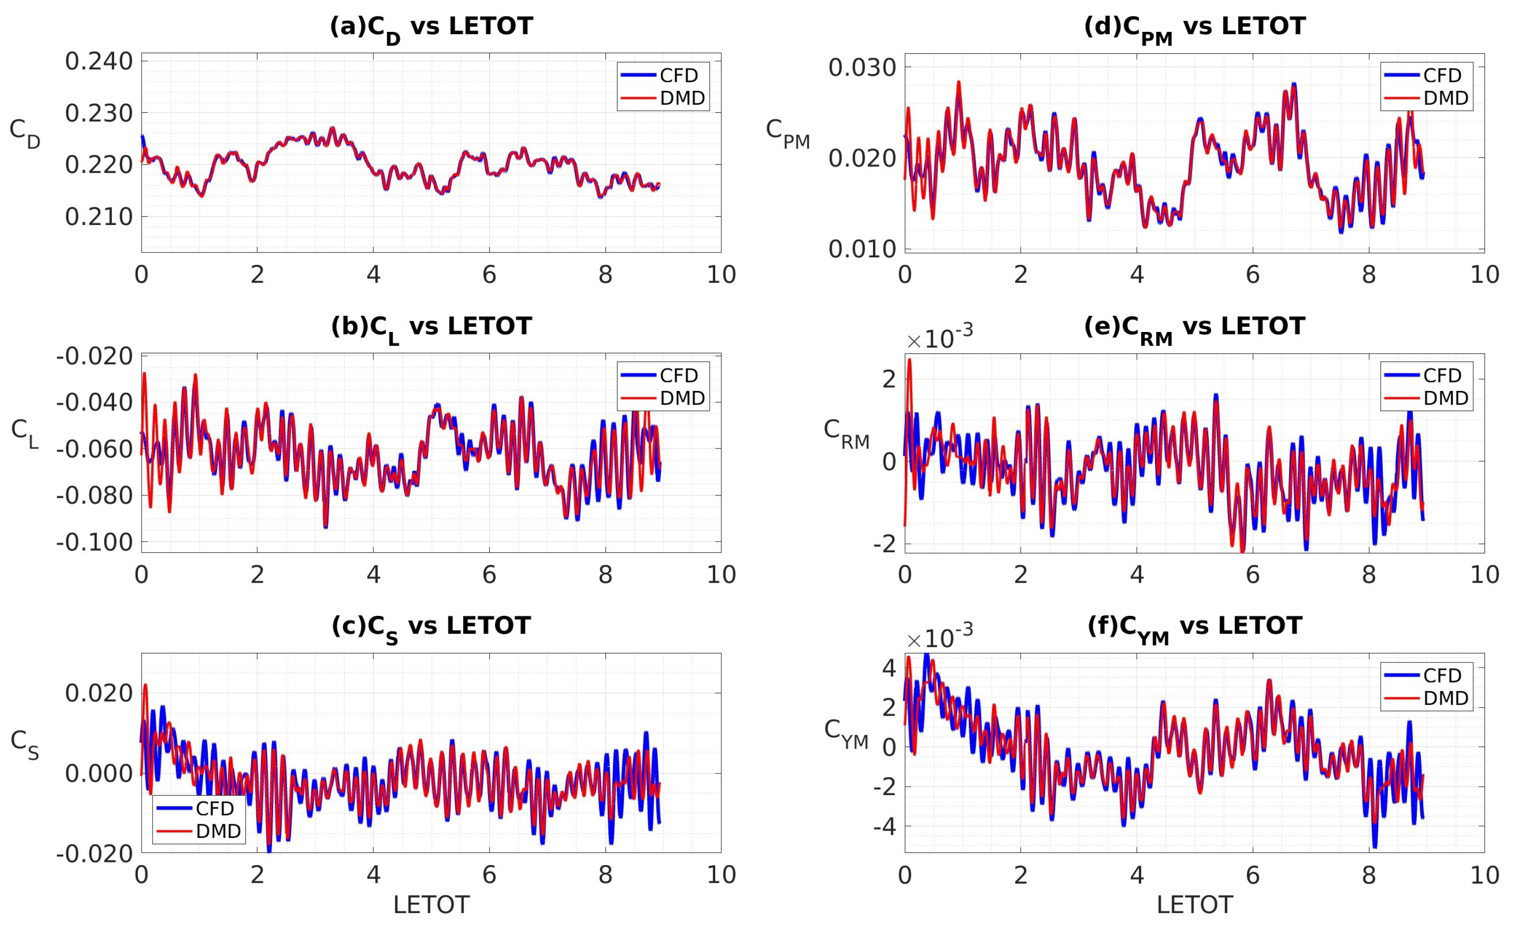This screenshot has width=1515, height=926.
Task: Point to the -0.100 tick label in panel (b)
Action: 95,542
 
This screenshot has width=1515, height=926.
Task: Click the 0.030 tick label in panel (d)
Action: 862,67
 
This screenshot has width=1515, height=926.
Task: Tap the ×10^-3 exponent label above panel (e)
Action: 939,338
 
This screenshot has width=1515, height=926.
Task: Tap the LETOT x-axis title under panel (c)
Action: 431,905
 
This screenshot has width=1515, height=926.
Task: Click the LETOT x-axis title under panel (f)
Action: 1194,905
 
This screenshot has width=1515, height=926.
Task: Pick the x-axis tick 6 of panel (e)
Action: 1253,575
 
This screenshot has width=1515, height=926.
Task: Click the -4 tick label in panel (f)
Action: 884,827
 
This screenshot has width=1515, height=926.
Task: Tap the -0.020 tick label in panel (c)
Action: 95,853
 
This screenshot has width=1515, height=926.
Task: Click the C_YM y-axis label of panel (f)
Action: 846,734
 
